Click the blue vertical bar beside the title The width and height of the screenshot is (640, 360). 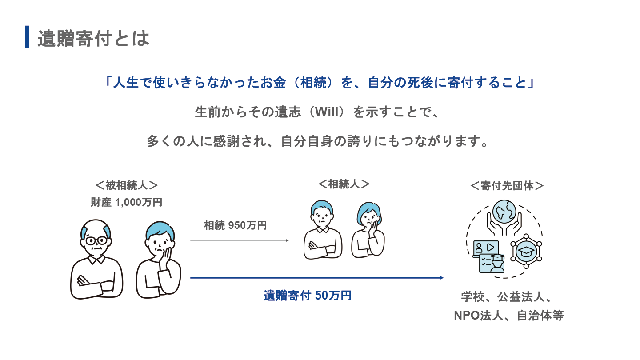(27, 37)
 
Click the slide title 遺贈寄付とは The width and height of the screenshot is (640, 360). (93, 38)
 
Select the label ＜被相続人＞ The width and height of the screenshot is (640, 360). (127, 185)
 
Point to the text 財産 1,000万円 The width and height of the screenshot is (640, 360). (127, 202)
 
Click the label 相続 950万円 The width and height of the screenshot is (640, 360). (236, 225)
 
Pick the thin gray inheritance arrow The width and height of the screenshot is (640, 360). (240, 240)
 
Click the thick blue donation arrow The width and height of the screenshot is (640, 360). (317, 278)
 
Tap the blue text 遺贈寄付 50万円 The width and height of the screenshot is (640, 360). (308, 296)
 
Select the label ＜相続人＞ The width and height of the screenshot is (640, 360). (344, 184)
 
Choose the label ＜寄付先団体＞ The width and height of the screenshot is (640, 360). (507, 186)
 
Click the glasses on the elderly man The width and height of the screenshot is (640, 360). (96, 241)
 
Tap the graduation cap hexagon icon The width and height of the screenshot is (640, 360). (526, 251)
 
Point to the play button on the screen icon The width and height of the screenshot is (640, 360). (491, 247)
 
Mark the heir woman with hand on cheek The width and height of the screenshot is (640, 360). (368, 230)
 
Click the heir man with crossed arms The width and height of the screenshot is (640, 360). (323, 230)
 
